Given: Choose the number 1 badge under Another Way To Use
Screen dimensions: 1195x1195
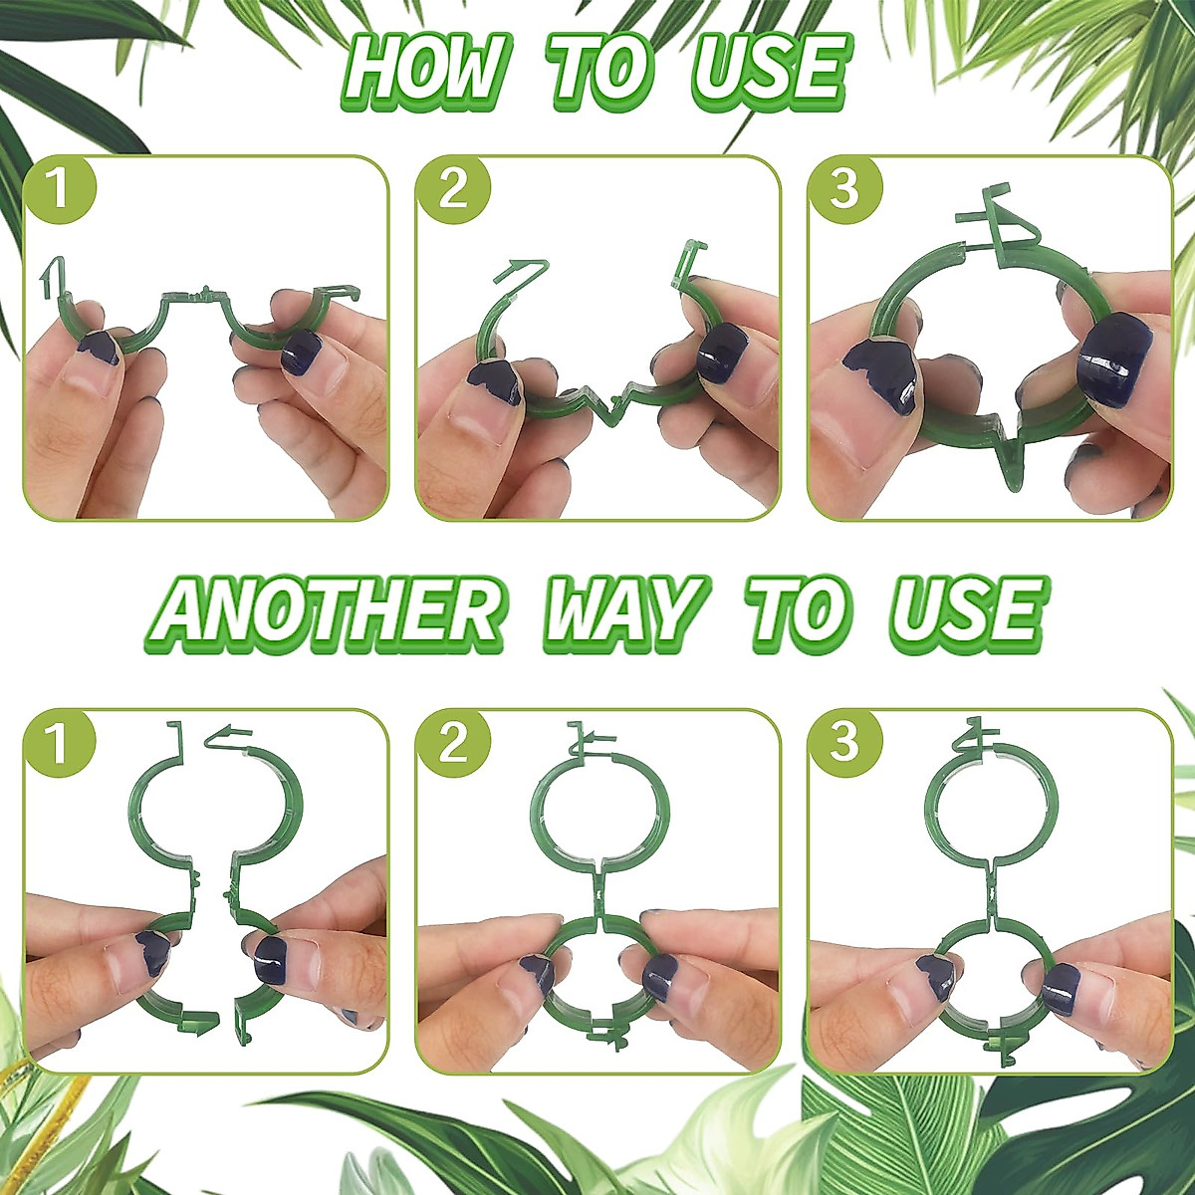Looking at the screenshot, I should click(x=60, y=743).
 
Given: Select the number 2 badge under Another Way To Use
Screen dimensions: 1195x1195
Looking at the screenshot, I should click(x=452, y=743).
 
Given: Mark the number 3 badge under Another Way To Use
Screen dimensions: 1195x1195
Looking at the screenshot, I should click(x=843, y=743).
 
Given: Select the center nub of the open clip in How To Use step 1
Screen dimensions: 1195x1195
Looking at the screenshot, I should click(x=204, y=293).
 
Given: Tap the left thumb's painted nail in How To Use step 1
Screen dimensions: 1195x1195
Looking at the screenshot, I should click(x=101, y=349).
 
